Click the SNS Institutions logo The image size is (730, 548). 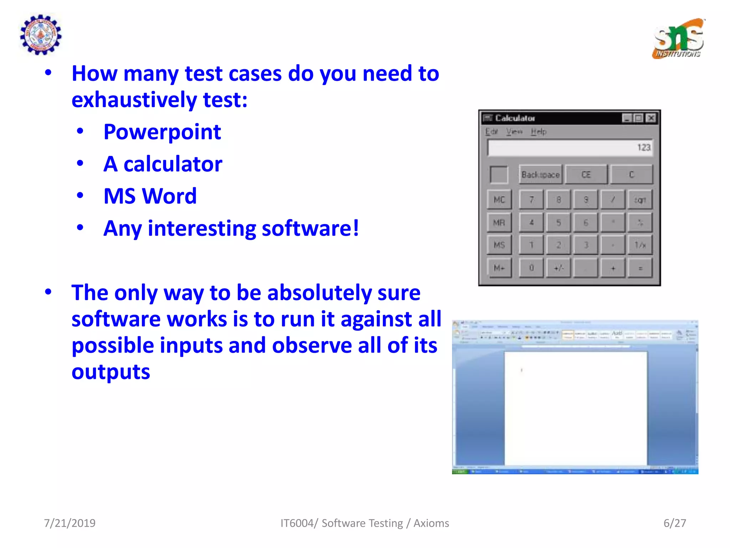[679, 39]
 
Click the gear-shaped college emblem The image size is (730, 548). [41, 35]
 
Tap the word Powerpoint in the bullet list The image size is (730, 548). [162, 132]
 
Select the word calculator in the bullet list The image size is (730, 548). [173, 164]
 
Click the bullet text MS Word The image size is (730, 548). [150, 196]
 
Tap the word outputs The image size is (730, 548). [111, 372]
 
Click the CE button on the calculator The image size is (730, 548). [586, 174]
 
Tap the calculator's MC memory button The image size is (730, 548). [499, 200]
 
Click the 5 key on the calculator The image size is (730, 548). [559, 223]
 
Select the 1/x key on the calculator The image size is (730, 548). [640, 245]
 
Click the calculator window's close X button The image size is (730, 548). [651, 118]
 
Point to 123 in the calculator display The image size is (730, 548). [644, 147]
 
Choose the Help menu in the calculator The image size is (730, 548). [538, 132]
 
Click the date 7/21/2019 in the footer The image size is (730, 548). [70, 523]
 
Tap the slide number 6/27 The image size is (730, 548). [674, 523]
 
